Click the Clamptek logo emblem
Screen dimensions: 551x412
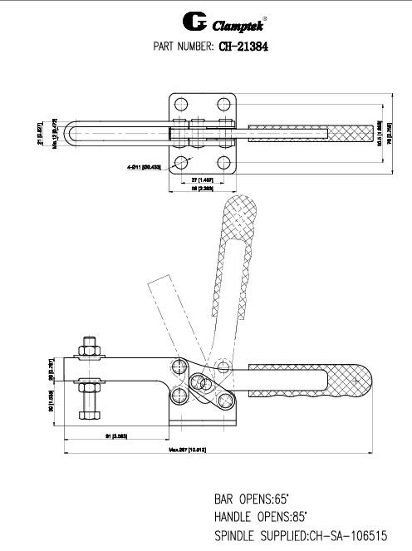[171, 19]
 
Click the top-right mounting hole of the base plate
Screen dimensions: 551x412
[224, 105]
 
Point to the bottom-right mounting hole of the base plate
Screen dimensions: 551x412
[224, 161]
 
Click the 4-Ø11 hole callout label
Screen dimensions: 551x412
[146, 167]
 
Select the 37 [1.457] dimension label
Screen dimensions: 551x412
[204, 180]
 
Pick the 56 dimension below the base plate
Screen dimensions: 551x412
[204, 189]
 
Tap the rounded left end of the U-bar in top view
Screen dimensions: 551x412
[74, 133]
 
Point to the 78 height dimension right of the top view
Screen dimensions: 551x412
[390, 133]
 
